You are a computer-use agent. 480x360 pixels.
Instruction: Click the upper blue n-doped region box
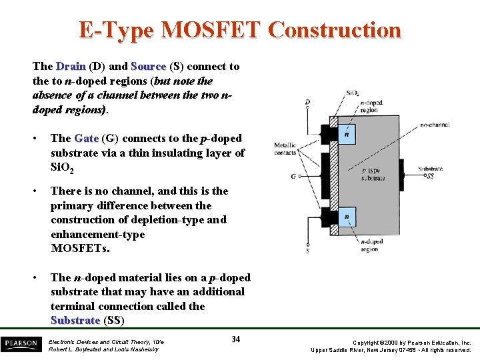click(347, 134)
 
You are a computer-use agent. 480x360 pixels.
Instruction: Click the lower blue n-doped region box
click(347, 217)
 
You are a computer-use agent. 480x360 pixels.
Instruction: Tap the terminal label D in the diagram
click(307, 103)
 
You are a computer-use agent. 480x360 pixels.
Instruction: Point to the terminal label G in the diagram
click(293, 177)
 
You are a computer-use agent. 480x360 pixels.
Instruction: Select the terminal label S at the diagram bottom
click(307, 251)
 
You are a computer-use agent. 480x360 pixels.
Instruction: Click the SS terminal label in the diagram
click(431, 177)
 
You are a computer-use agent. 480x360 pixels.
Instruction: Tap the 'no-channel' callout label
click(434, 125)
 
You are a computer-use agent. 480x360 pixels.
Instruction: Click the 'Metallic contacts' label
click(285, 149)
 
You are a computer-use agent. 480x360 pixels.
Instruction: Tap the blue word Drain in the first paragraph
click(71, 66)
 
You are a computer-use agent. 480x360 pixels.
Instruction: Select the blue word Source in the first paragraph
click(149, 66)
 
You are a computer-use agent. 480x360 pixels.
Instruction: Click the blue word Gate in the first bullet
click(87, 138)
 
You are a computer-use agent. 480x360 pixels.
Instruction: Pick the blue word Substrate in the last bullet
click(75, 321)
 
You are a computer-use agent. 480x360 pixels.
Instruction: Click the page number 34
click(235, 339)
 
